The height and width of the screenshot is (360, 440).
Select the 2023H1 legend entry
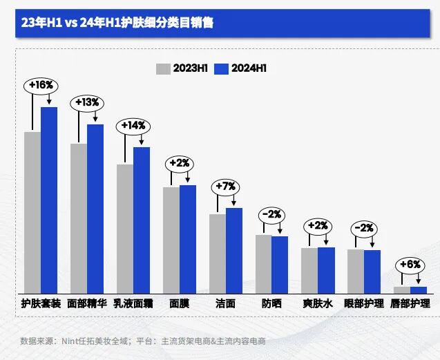click(x=181, y=68)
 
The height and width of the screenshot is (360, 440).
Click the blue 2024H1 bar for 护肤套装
click(x=49, y=200)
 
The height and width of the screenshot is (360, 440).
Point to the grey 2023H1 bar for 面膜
click(x=171, y=240)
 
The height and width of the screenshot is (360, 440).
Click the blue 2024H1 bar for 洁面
click(x=234, y=250)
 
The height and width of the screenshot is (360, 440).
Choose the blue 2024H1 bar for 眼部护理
click(x=372, y=271)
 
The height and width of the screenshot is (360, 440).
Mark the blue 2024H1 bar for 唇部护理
click(x=419, y=290)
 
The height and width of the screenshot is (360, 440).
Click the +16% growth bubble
click(x=41, y=85)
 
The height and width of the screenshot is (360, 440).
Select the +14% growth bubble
click(x=133, y=125)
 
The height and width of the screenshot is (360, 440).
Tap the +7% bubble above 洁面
click(x=226, y=186)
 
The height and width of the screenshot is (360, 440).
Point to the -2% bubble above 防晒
click(x=271, y=214)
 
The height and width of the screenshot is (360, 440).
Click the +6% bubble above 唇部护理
click(x=410, y=265)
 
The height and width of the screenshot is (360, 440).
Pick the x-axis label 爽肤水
click(x=318, y=303)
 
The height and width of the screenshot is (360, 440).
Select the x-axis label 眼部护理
click(x=364, y=303)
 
